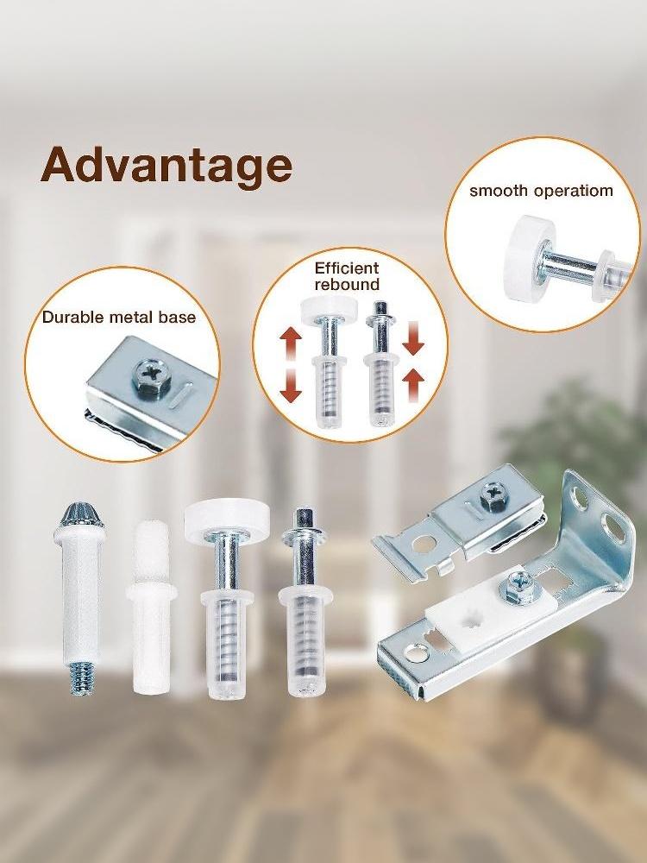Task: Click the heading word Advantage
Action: click(x=166, y=166)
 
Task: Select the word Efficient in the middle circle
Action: click(x=347, y=268)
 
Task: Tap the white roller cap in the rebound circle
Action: click(x=329, y=306)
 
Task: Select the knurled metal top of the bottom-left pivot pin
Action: click(x=79, y=514)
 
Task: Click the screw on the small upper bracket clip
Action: click(x=493, y=494)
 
